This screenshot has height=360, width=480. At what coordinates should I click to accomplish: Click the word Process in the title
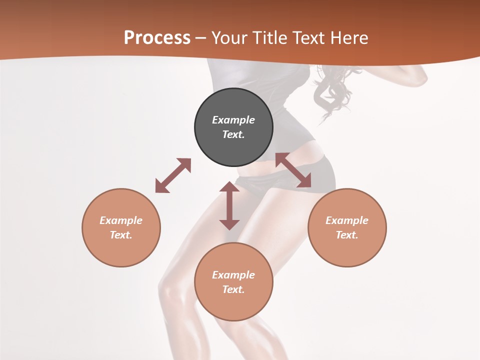pos(157,38)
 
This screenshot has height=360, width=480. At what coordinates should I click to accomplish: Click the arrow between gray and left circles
pos(173,175)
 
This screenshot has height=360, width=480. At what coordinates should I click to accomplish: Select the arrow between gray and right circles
pos(293,170)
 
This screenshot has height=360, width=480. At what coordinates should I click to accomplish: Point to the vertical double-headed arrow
pos(229,205)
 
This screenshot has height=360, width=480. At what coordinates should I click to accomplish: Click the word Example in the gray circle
pos(233,120)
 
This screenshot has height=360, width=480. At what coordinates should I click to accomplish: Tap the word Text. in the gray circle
pos(233,134)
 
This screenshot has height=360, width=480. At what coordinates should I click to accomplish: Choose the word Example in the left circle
pos(121,220)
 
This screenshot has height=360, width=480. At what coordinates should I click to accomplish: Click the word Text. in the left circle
pos(121,235)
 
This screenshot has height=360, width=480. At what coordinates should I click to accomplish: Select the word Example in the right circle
pos(347,220)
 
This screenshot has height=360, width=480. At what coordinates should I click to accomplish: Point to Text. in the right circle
pos(347,235)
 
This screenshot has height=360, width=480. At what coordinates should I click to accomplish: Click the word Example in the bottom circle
pos(233,275)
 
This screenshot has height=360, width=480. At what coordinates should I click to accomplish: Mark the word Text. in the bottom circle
pos(233,289)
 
